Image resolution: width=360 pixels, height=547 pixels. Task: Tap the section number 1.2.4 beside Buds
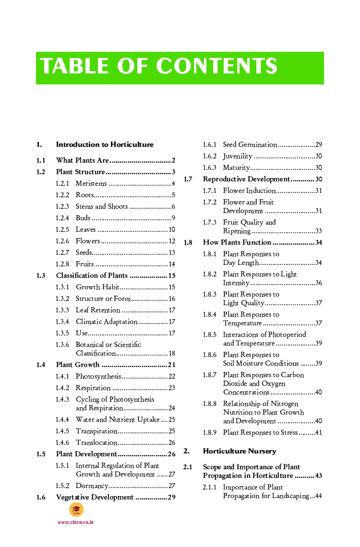(x=62, y=218)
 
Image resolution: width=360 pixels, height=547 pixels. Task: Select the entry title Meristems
(x=91, y=183)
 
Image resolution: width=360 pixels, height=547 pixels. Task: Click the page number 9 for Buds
(x=173, y=218)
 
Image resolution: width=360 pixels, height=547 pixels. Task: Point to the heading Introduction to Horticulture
(x=105, y=144)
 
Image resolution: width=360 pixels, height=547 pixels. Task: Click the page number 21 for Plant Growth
(x=171, y=365)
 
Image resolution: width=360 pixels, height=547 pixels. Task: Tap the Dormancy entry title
(x=92, y=486)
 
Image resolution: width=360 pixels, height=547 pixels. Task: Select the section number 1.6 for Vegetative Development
(x=41, y=497)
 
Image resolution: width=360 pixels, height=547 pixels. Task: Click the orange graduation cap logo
(x=76, y=510)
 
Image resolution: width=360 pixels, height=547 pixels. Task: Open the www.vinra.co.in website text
(x=75, y=522)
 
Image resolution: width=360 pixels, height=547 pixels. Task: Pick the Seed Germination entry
(x=250, y=144)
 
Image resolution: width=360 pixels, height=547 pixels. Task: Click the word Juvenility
(x=238, y=156)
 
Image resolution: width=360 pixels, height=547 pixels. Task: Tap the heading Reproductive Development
(x=246, y=179)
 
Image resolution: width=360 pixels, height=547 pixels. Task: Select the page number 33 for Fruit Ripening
(x=318, y=231)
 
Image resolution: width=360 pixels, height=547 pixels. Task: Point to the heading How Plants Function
(x=237, y=242)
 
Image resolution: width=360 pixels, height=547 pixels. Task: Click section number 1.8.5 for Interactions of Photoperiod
(x=209, y=334)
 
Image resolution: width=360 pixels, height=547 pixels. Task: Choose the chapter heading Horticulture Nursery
(x=240, y=451)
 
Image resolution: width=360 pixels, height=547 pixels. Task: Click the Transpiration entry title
(x=96, y=431)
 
